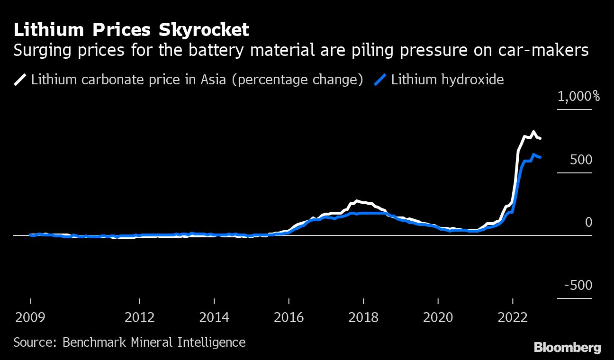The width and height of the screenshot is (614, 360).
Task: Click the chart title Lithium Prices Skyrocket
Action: coord(131,30)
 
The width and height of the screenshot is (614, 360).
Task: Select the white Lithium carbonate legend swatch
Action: coord(21,79)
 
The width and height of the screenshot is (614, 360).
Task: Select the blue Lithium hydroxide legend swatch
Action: coord(381,79)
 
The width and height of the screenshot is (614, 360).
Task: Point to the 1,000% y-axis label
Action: coord(578,97)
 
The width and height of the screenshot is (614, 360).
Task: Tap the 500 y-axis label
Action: coord(581,160)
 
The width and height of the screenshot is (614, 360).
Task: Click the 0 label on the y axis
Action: coord(588,222)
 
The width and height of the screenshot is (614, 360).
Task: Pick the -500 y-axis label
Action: coord(578,285)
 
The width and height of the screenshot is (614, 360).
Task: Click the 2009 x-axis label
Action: coord(31,317)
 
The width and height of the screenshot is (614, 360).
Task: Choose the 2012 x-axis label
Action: coord(140,317)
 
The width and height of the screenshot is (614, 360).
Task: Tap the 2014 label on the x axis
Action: coord(214,317)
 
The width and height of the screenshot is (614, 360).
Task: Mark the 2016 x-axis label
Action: coord(289,317)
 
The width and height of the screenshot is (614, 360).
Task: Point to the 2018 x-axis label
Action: coord(363,317)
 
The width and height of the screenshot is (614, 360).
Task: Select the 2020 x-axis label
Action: coord(438,317)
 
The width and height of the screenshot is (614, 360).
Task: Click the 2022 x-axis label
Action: coord(513,317)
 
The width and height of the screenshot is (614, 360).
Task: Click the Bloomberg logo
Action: coord(567,348)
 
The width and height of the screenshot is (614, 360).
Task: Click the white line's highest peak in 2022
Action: coord(534,132)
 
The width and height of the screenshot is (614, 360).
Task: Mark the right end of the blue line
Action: coord(541,157)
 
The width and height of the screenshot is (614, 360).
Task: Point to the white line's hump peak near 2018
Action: coord(357,201)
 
